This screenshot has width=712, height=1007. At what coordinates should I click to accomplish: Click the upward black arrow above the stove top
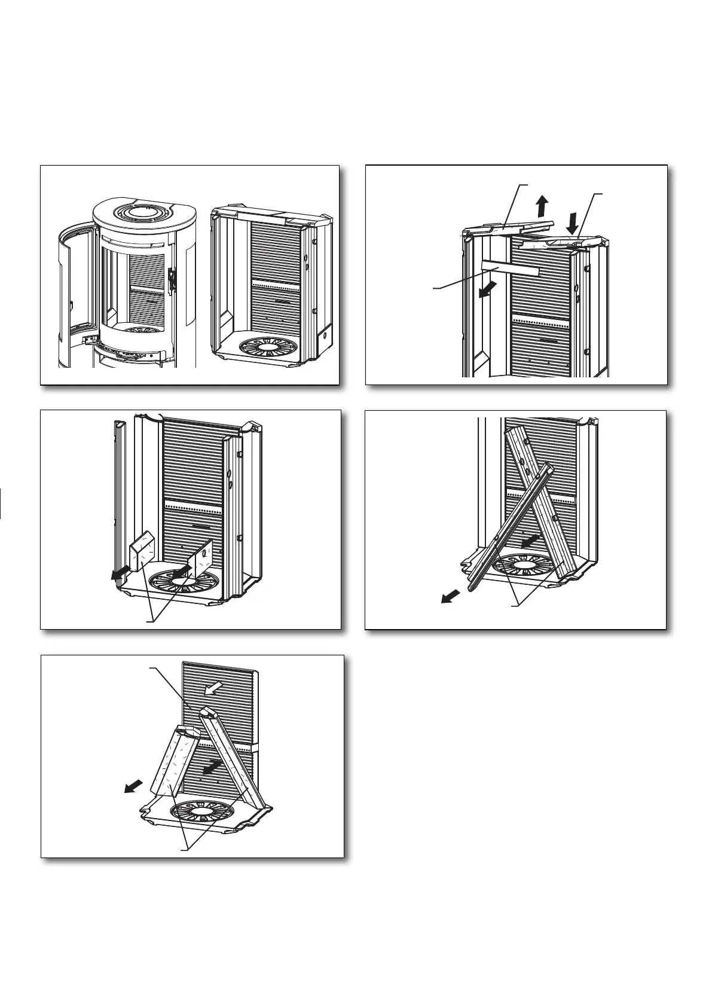pos(542,206)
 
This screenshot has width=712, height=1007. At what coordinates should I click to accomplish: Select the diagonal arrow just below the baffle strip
pos(487,289)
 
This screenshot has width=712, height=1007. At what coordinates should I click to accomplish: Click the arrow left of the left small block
pos(120,573)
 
